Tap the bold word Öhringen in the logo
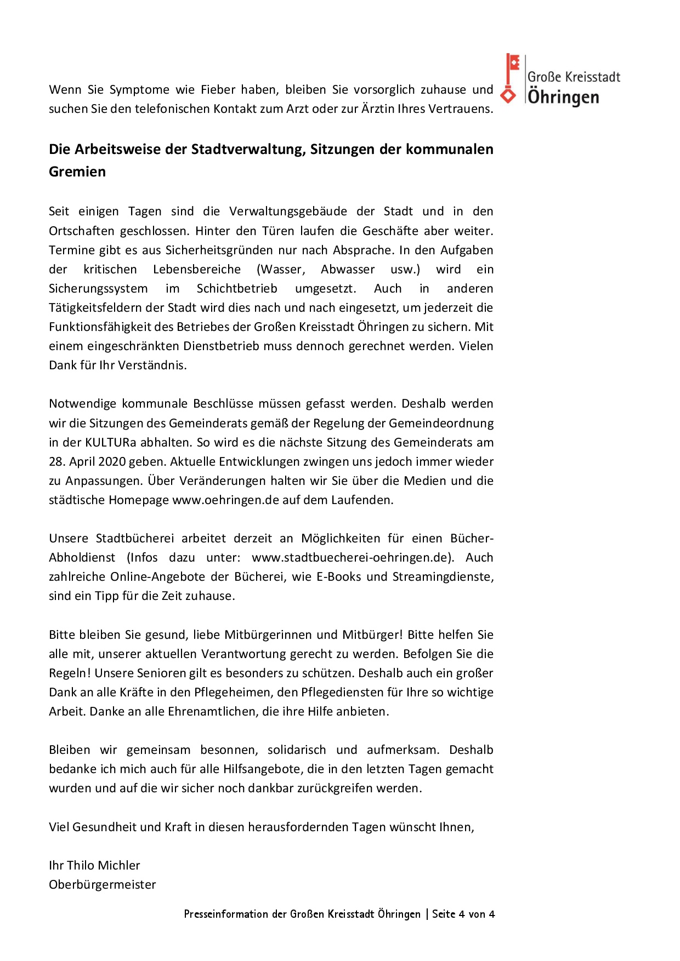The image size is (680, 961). [x=563, y=98]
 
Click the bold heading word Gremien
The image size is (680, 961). [x=77, y=172]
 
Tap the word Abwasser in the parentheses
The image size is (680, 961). [x=348, y=270]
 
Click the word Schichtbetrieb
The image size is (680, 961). [x=237, y=289]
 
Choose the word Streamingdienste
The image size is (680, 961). [x=443, y=577]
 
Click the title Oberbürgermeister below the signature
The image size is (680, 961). [x=103, y=885]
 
